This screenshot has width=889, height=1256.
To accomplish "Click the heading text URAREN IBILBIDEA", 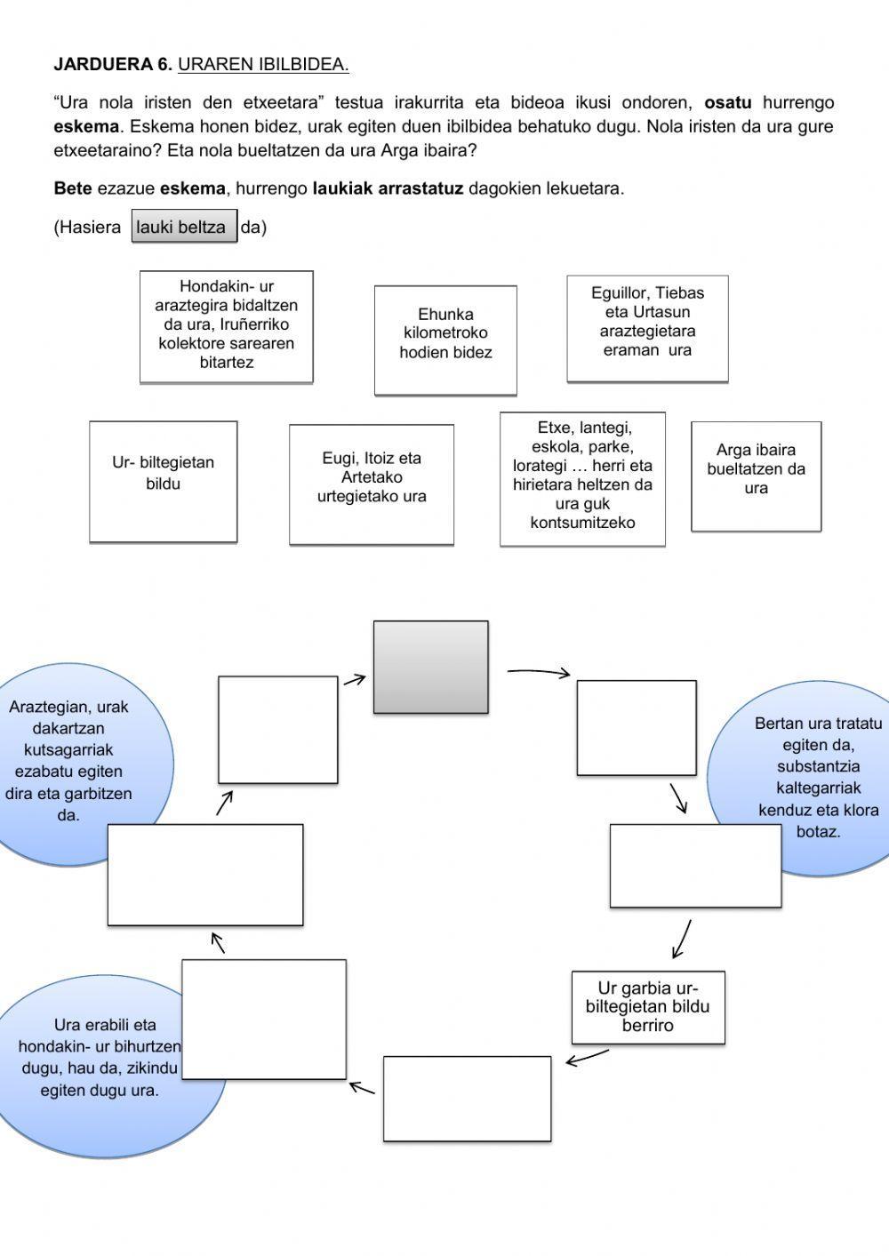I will click(x=263, y=64).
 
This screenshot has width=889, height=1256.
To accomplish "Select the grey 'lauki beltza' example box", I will click(x=184, y=227).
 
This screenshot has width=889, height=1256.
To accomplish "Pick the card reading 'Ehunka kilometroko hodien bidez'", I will click(x=445, y=340).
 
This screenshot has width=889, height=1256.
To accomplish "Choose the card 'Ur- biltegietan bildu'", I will click(x=164, y=481).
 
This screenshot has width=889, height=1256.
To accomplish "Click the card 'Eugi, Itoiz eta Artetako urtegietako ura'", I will click(x=372, y=484).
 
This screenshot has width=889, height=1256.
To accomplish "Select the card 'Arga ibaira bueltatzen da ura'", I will click(x=756, y=476).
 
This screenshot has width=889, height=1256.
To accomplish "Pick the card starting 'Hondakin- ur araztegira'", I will click(x=227, y=326).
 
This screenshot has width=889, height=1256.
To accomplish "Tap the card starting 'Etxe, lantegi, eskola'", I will click(x=582, y=478).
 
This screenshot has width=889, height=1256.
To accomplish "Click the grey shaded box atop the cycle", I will click(x=430, y=667).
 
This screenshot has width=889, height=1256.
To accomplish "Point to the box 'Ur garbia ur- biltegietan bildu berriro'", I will click(x=648, y=1007).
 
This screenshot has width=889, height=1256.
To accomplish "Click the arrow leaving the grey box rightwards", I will click(x=539, y=673).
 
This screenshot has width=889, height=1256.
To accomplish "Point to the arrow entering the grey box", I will click(x=355, y=680).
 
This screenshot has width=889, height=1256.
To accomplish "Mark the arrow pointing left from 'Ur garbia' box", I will click(x=587, y=1057).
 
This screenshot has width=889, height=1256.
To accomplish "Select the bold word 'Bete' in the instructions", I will click(x=73, y=188).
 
